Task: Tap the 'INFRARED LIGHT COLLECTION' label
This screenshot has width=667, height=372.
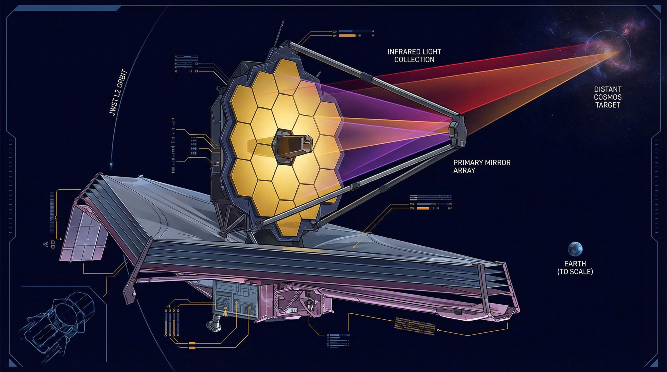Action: click(x=414, y=56)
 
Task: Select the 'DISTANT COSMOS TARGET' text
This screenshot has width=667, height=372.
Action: click(x=608, y=97)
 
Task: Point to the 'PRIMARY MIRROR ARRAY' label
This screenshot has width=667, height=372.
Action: click(x=482, y=166)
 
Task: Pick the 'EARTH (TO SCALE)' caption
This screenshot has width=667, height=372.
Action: click(x=575, y=268)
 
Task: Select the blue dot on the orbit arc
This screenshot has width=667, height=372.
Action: click(x=111, y=164)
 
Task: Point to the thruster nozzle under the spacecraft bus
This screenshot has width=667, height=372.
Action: click(x=214, y=325)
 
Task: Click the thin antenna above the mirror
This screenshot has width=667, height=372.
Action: click(x=281, y=34)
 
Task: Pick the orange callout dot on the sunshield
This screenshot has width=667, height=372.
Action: click(x=353, y=247)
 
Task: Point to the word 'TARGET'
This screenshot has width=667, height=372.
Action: click(x=607, y=105)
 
